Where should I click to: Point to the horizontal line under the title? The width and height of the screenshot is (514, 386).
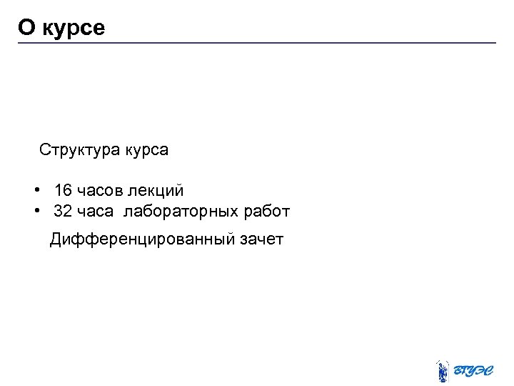(x=257, y=43)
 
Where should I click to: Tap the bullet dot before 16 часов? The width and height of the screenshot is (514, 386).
(x=35, y=191)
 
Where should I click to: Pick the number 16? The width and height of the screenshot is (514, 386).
(x=63, y=191)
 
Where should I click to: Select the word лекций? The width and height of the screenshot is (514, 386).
(x=158, y=192)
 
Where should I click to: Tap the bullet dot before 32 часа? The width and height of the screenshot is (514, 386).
(x=35, y=212)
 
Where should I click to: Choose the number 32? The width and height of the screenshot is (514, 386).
(x=63, y=212)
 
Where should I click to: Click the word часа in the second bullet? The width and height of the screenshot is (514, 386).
(x=96, y=212)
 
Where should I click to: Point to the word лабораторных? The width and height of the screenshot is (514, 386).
(x=181, y=212)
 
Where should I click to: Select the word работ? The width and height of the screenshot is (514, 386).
(x=267, y=212)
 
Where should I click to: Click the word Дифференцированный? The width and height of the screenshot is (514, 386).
(x=141, y=239)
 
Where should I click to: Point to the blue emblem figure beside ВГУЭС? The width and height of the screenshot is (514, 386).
(x=442, y=370)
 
